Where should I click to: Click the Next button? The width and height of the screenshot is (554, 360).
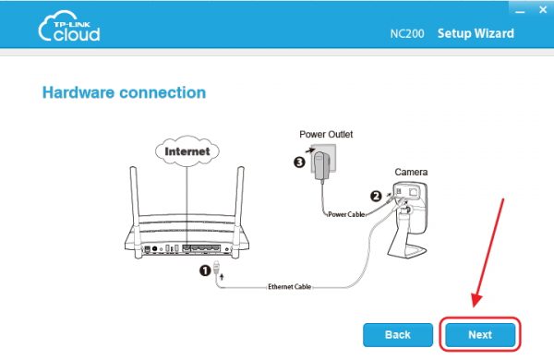coord(480,334)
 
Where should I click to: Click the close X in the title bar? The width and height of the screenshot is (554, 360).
coord(543,9)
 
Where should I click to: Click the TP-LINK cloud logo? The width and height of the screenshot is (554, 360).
coord(69,26)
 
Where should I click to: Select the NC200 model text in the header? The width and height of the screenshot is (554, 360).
coord(407,33)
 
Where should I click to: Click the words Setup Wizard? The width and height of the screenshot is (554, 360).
coord(476,33)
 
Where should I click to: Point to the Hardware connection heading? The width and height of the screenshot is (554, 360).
coord(124,92)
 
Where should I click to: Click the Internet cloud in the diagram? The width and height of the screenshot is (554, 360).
coord(187,151)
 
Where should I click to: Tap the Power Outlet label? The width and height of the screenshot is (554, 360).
coord(326,134)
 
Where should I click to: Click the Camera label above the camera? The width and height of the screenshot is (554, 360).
coord(411,172)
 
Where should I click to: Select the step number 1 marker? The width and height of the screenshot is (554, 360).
coord(205,271)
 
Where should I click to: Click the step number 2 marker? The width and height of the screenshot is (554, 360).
coord(376,196)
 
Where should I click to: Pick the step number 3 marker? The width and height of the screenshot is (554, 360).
coord(299,162)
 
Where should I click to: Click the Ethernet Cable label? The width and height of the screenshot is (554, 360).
coord(289,286)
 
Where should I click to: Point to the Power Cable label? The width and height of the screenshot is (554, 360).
coord(346,214)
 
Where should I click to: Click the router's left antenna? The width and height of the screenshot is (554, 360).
coord(134,205)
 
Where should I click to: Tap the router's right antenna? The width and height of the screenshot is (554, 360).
coord(239,205)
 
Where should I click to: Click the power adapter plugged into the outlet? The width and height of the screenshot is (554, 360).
coord(320,166)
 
